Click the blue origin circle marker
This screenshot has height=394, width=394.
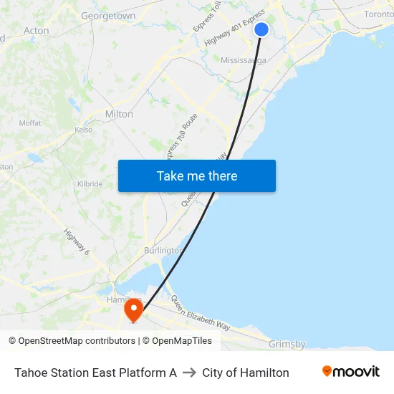[261, 29]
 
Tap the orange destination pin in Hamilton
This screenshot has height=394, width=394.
[134, 310]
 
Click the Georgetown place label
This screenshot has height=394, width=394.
[108, 15]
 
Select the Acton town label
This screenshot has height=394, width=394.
[37, 31]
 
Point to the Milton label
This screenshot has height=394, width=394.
[119, 114]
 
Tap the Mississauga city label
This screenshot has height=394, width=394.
[244, 60]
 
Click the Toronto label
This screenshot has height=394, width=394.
[378, 14]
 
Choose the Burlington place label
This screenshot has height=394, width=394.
[163, 251]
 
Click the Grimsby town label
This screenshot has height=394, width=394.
[287, 345]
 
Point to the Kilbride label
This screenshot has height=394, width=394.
[90, 184]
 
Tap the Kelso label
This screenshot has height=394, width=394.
[84, 130]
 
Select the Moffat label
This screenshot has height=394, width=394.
[30, 123]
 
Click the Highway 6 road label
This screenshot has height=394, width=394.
[77, 242]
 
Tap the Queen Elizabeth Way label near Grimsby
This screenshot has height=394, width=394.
[200, 316]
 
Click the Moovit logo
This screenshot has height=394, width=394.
[350, 372]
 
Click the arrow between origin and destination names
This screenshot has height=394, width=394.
[189, 373]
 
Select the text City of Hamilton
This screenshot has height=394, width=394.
[246, 373]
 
